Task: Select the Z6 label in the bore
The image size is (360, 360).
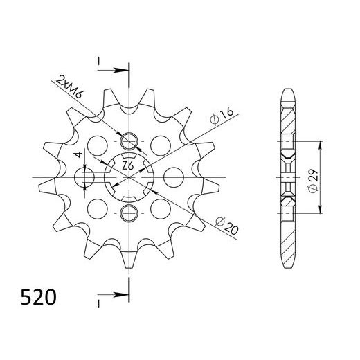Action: pos(127,167)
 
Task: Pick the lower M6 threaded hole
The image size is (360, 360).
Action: pos(129,212)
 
